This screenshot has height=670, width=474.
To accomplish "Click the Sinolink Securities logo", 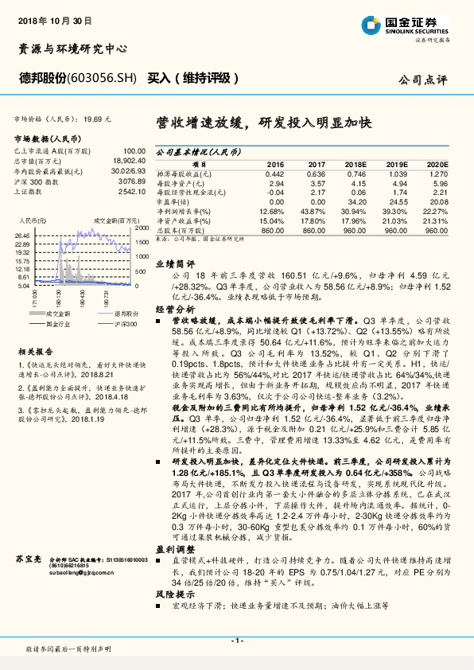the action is point(414,25).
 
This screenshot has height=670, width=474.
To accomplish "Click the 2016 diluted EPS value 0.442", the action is point(274,173).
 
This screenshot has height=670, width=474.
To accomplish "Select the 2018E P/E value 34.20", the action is point(356,202).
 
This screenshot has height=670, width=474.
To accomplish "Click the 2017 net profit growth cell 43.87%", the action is point(315,212).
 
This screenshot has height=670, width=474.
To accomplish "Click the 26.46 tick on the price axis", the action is point(21,236).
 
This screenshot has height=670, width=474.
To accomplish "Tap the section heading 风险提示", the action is point(174,594).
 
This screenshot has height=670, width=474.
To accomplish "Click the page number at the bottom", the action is point(236,641).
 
